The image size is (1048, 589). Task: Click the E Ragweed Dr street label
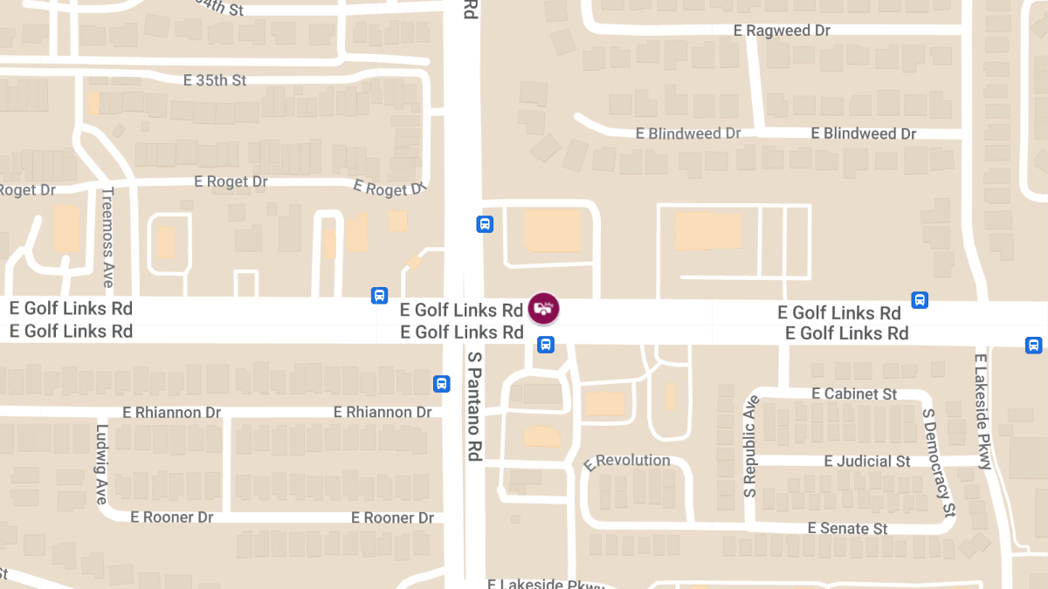point(782,31)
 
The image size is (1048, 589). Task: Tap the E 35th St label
point(215,80)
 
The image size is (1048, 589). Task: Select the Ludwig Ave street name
point(102,463)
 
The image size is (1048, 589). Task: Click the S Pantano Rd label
point(475,406)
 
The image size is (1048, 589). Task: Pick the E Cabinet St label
point(854,394)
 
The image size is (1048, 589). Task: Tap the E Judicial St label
point(867,461)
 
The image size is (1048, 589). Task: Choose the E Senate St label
point(847,528)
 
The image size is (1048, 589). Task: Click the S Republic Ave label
point(750,447)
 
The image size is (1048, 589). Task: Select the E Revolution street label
point(627,462)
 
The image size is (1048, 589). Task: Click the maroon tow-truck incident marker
point(543,308)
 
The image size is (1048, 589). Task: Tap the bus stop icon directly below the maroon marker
point(546,345)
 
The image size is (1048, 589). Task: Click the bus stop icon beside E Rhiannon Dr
point(442,383)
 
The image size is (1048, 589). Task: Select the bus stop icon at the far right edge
point(1033,345)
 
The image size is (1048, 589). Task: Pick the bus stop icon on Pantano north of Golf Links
point(485,224)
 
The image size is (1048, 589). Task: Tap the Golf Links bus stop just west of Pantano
point(380,295)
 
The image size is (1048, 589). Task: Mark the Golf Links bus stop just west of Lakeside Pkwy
point(920,300)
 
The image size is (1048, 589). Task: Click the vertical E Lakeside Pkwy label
point(984,411)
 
